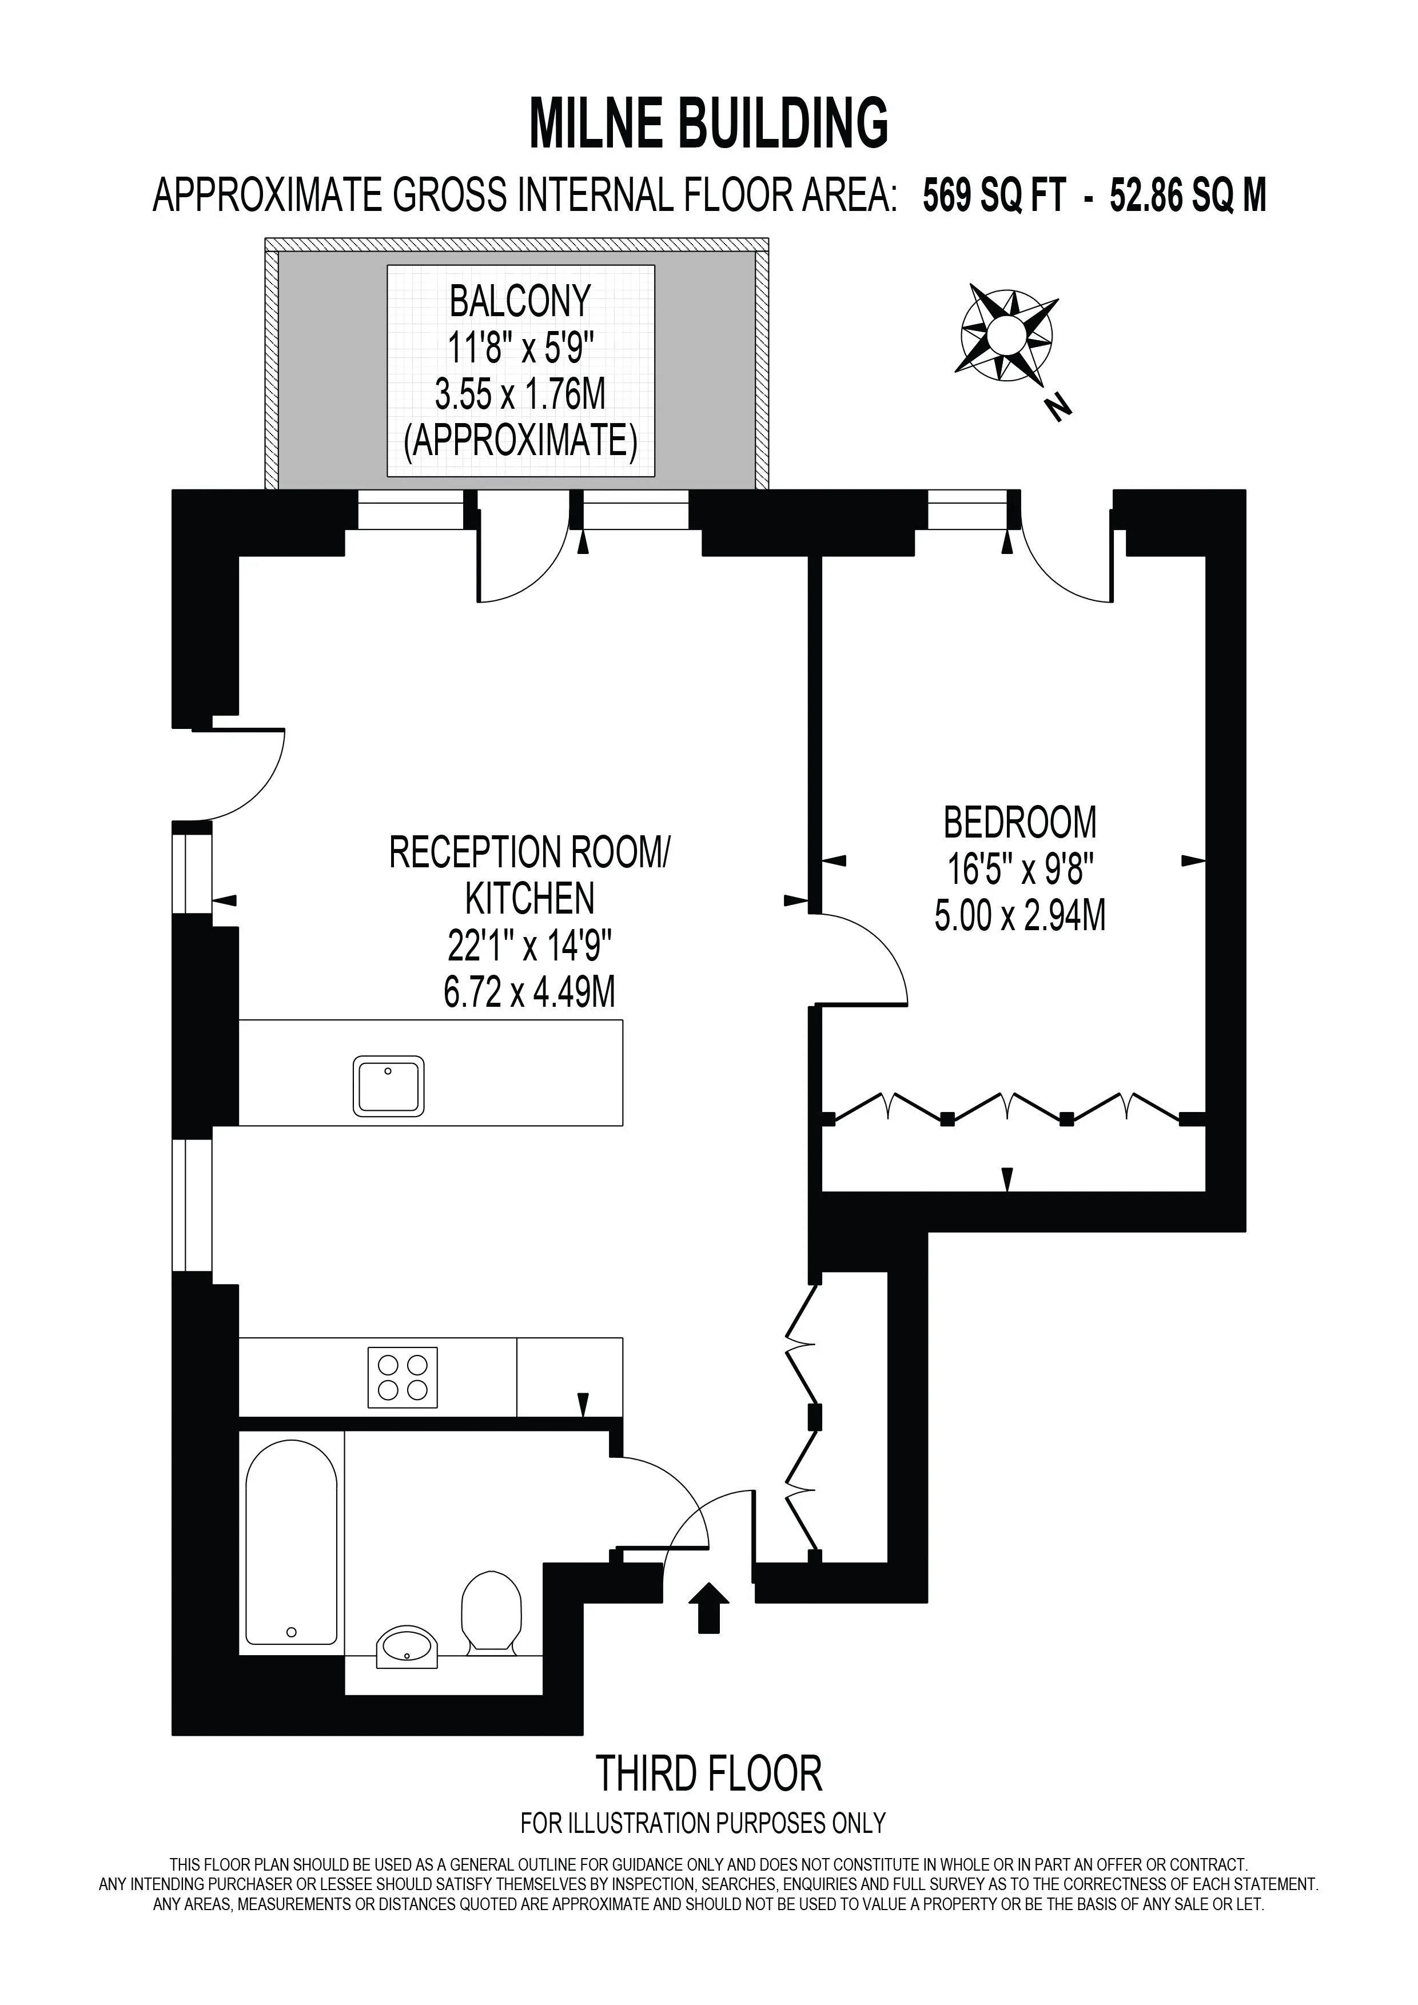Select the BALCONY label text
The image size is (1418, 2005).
click(520, 302)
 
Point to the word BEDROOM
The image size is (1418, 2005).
click(1020, 823)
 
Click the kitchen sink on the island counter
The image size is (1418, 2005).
click(389, 1086)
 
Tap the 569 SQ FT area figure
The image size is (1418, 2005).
click(994, 196)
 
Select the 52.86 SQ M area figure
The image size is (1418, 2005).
click(1188, 196)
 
